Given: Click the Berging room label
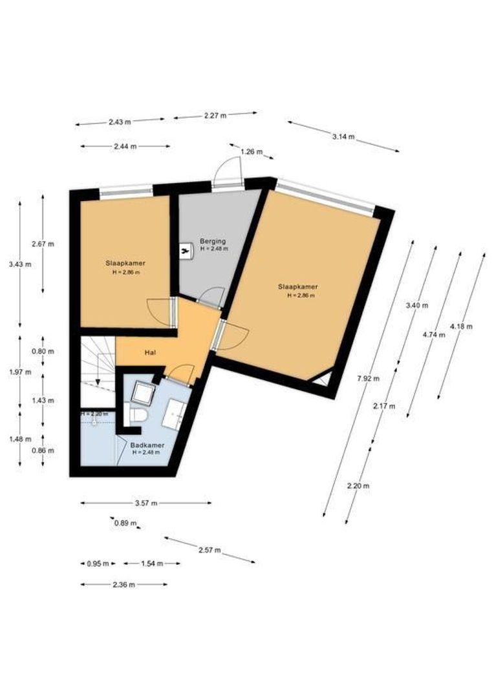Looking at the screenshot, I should tap(212, 241).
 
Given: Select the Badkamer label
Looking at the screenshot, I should tap(147, 446).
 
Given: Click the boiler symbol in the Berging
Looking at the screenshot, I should tap(186, 249).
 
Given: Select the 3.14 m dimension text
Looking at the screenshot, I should tap(343, 136).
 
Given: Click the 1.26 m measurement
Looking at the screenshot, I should tap(252, 152).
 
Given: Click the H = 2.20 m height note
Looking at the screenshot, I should tap(94, 414).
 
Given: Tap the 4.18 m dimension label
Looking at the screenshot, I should tap(461, 326).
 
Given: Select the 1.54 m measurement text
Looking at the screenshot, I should tap(151, 564).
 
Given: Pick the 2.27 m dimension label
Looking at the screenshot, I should tap(215, 116).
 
